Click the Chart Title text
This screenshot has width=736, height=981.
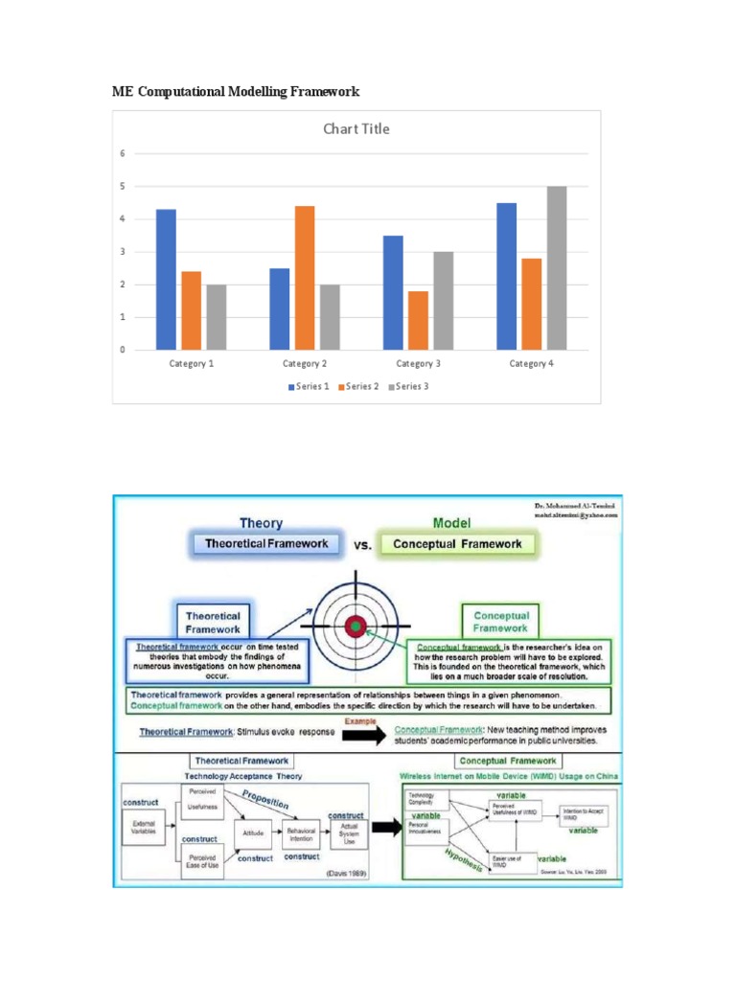[356, 129]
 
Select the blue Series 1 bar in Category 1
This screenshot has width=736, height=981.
[166, 279]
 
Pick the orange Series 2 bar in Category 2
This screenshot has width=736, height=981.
[305, 278]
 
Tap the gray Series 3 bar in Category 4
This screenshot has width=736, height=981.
[556, 267]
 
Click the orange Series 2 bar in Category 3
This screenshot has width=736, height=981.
[418, 320]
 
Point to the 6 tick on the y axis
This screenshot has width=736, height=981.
[122, 153]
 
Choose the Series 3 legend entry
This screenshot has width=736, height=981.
[407, 386]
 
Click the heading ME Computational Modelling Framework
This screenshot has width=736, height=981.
[236, 92]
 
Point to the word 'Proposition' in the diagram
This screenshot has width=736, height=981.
[264, 801]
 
